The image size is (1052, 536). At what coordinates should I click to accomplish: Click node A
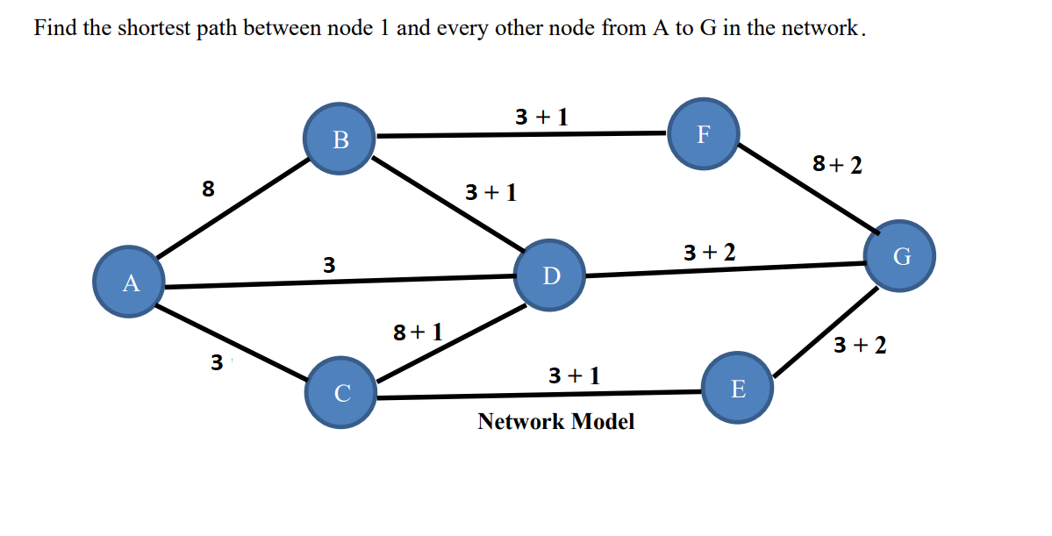click(131, 282)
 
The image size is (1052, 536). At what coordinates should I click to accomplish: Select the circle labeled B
click(340, 139)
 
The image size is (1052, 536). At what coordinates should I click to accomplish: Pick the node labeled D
click(550, 275)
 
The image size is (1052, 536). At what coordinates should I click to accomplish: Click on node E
click(738, 388)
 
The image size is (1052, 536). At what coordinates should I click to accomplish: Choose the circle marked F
click(703, 133)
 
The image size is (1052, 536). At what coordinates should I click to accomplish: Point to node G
click(899, 256)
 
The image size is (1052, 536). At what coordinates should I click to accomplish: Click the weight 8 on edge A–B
click(208, 188)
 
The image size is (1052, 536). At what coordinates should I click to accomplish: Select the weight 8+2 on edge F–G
click(837, 164)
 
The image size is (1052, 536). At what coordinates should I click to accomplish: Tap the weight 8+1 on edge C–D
click(418, 332)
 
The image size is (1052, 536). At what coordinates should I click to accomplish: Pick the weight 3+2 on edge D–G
click(709, 253)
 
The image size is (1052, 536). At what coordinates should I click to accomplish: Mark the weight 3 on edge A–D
click(328, 264)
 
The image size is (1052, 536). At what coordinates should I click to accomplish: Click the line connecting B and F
click(522, 135)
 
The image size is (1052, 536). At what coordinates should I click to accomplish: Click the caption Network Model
click(555, 422)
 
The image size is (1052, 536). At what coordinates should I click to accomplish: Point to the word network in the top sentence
click(820, 28)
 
